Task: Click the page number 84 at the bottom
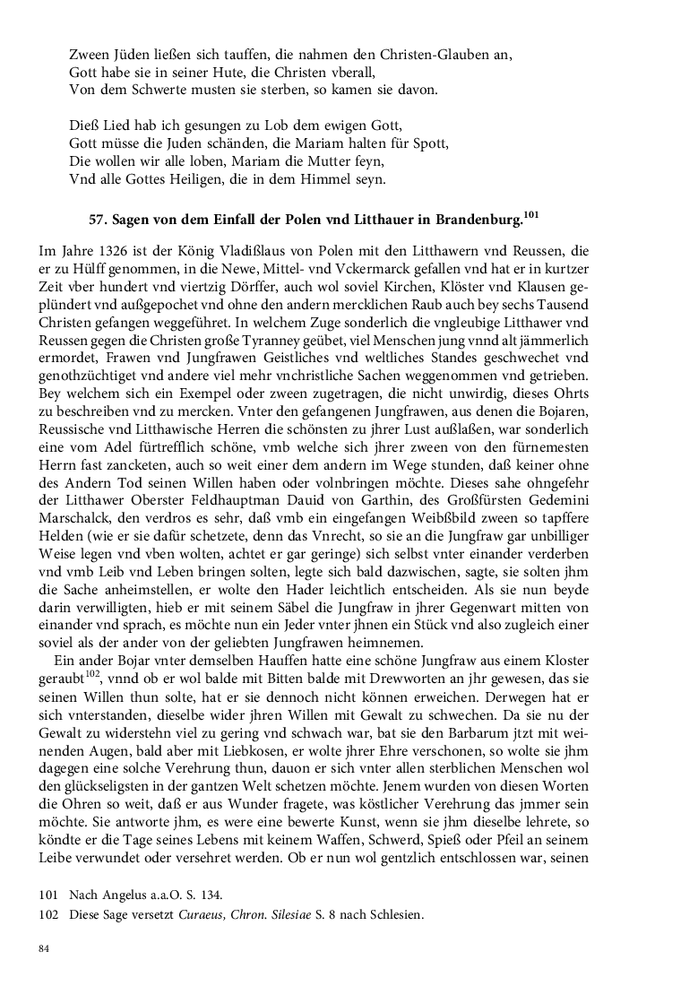[x=44, y=949]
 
